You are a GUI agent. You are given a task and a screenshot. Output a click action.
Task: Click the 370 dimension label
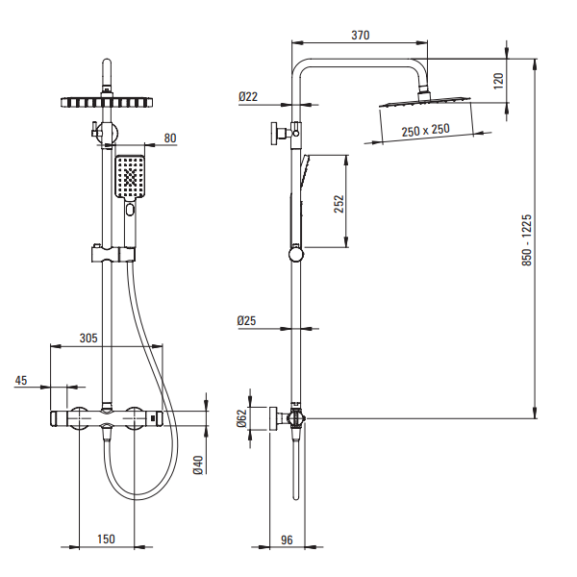(x=360, y=35)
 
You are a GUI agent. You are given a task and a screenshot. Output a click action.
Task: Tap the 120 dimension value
(x=498, y=81)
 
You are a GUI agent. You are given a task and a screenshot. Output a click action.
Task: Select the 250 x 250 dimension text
(x=425, y=130)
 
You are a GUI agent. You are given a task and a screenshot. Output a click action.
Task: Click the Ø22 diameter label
(x=249, y=96)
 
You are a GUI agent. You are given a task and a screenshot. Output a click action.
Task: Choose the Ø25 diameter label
(x=249, y=320)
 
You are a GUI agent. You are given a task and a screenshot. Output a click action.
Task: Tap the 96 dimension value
(x=287, y=539)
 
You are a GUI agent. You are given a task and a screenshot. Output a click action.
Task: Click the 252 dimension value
(x=338, y=205)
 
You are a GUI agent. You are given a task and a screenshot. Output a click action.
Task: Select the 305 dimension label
(x=88, y=339)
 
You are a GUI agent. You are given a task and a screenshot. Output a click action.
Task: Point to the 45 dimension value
(x=21, y=381)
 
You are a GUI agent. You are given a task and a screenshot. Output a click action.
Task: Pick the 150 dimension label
(x=106, y=539)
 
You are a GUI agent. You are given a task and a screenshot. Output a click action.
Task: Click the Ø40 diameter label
(x=198, y=464)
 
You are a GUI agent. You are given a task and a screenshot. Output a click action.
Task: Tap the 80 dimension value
(x=169, y=138)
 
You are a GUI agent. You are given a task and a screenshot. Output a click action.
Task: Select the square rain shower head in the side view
(x=423, y=102)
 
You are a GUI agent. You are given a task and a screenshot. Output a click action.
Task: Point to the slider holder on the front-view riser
(x=113, y=255)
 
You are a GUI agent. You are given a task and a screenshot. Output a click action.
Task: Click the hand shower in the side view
(x=300, y=207)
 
